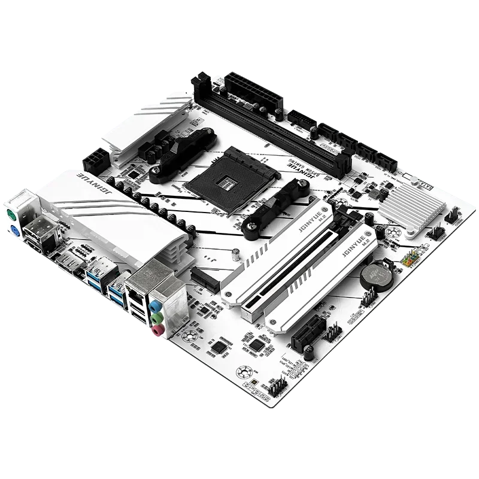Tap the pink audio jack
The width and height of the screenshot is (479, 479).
click(156, 329)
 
